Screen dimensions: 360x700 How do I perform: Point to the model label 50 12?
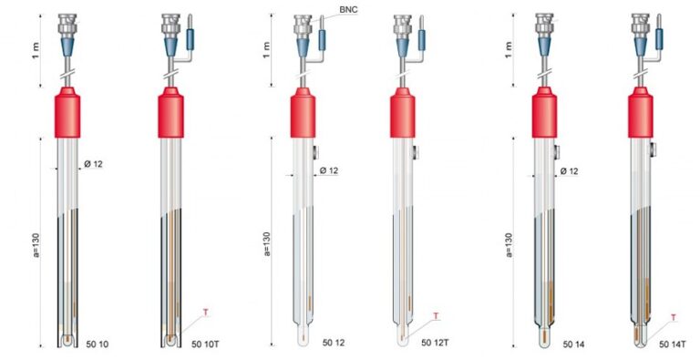click(335, 344)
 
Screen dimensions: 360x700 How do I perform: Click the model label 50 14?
click(575, 344)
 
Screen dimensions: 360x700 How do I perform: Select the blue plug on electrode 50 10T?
click(190, 39)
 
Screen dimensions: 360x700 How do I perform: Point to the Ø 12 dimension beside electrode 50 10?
click(94, 164)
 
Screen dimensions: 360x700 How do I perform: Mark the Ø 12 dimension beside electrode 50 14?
click(571, 170)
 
